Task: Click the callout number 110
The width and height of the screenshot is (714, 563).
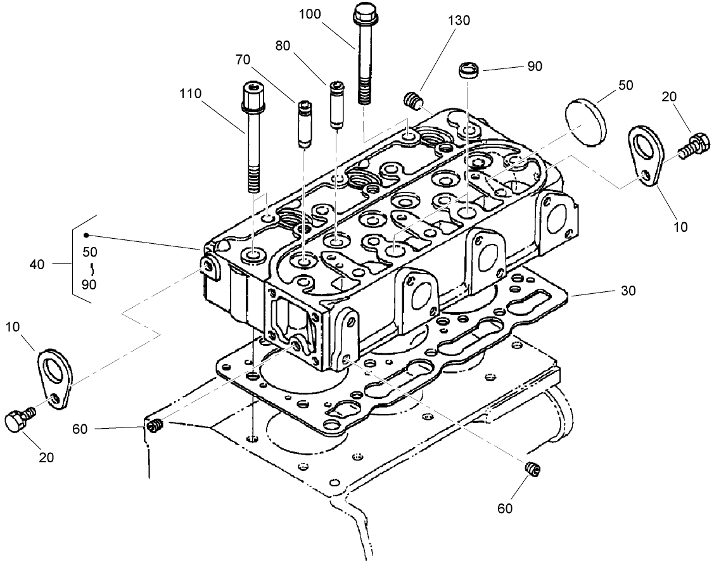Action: (190, 94)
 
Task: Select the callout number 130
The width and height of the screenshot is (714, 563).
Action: (459, 20)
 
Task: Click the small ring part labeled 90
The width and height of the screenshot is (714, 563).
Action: (468, 69)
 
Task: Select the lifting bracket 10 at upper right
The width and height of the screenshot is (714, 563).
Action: (646, 155)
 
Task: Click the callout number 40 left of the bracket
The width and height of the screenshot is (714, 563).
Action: (37, 264)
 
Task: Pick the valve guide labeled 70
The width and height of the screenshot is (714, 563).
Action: (303, 123)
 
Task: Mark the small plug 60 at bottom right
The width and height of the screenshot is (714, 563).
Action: (533, 469)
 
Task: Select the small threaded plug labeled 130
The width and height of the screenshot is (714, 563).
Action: (412, 100)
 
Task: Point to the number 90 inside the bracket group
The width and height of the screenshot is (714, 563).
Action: (89, 285)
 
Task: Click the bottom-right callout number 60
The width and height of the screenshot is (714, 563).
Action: (505, 507)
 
